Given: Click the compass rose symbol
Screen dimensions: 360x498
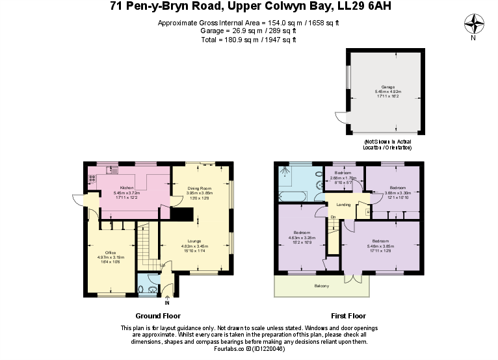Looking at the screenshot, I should point(473,25).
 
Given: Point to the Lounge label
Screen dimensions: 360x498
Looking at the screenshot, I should point(193,241).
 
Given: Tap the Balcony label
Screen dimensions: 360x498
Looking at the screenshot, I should point(321,286).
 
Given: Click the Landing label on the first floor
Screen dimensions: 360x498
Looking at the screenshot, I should point(343,205).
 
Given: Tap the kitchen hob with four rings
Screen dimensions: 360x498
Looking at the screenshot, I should point(92,179).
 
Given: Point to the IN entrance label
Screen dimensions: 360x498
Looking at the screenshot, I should point(167,303).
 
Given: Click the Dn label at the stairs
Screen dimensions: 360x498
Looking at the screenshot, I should point(333,217).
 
